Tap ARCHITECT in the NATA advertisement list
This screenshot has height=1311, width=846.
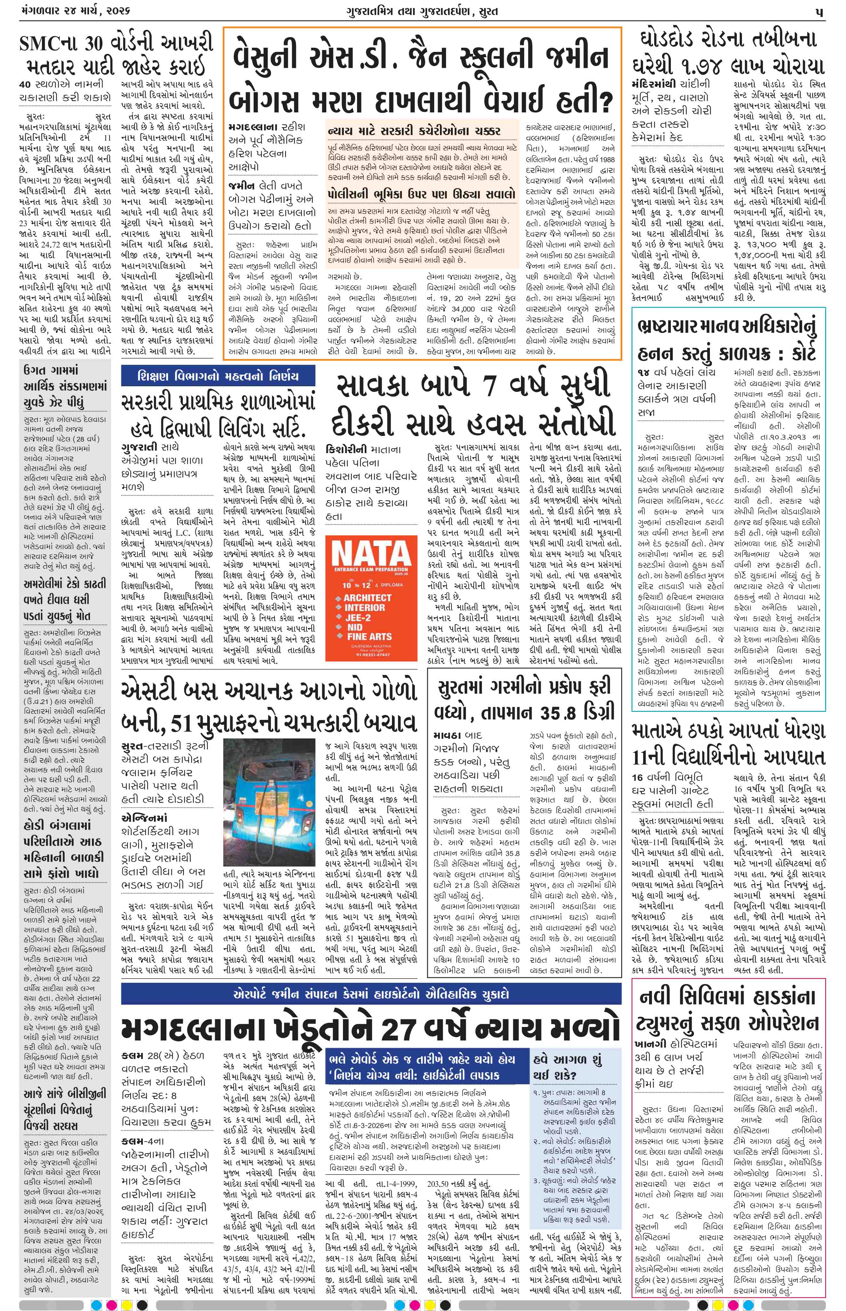[x=367, y=598]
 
